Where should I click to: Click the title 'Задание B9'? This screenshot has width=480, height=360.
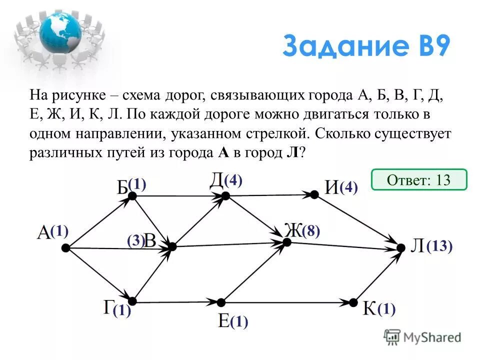[x=366, y=46]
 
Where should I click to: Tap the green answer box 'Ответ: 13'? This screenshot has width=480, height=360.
[x=419, y=180]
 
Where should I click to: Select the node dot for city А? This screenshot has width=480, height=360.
[x=66, y=247]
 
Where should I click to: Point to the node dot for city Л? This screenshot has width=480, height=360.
[x=400, y=247]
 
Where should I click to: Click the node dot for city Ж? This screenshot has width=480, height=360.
[x=286, y=242]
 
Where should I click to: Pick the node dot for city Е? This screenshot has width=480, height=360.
[x=220, y=302]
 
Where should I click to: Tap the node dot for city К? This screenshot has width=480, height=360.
[x=353, y=302]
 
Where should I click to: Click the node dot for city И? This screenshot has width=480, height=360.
[x=314, y=194]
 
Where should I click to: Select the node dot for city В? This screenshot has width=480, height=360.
[x=172, y=246]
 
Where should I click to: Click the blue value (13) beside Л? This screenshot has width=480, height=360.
[x=439, y=246]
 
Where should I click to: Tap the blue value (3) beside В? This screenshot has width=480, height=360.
[x=135, y=241]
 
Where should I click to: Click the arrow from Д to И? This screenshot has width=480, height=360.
[x=270, y=195]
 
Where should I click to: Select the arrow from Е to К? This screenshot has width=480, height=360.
[x=287, y=302]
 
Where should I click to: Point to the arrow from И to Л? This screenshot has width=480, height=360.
[x=357, y=220]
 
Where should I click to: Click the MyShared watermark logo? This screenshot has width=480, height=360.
[x=422, y=336]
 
